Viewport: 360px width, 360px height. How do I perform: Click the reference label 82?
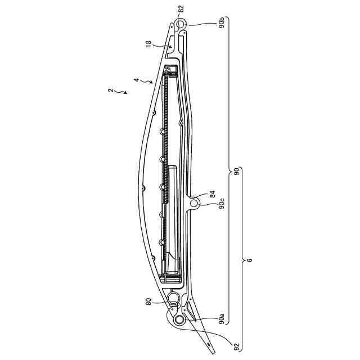[x=181, y=9]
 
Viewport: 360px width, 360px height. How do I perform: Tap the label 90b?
[x=221, y=24]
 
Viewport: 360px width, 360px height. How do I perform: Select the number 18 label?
[x=148, y=43]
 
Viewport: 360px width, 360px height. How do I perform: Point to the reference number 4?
[x=136, y=80]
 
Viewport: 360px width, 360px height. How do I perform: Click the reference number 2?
[x=111, y=91]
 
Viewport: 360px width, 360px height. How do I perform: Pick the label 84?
[x=213, y=194]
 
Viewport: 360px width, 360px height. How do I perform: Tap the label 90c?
[x=222, y=204]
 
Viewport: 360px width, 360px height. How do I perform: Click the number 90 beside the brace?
[x=236, y=171]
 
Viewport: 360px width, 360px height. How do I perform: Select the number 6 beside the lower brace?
[x=250, y=260]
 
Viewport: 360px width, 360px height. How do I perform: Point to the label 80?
[x=148, y=301]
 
